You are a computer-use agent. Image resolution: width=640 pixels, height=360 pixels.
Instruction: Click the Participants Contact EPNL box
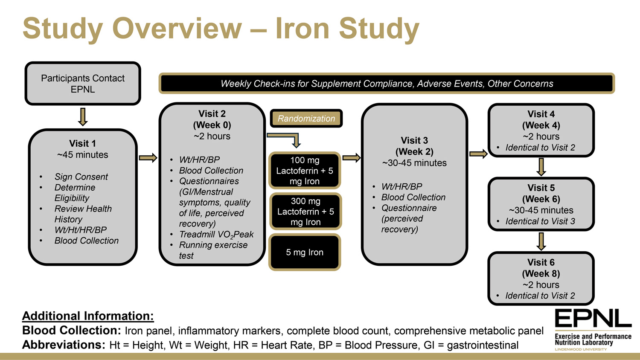pyautogui.click(x=83, y=84)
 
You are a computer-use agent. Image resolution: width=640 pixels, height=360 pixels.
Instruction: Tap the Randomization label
pyautogui.click(x=306, y=119)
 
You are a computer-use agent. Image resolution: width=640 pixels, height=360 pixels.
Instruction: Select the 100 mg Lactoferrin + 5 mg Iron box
pyautogui.click(x=305, y=171)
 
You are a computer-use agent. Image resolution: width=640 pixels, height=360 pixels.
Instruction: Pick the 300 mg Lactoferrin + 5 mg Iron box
pyautogui.click(x=305, y=212)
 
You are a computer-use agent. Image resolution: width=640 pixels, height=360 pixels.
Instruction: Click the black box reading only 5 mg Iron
pyautogui.click(x=305, y=252)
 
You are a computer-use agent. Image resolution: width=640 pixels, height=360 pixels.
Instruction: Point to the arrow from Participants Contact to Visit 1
pyautogui.click(x=83, y=116)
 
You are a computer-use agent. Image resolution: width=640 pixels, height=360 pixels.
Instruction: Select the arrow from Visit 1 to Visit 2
pyautogui.click(x=148, y=158)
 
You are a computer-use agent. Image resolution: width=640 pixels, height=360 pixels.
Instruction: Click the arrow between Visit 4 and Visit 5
pyautogui.click(x=541, y=167)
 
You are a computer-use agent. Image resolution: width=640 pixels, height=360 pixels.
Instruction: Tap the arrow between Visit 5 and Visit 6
pyautogui.click(x=541, y=241)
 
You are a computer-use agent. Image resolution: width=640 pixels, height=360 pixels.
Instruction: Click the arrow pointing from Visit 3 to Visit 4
pyautogui.click(x=478, y=154)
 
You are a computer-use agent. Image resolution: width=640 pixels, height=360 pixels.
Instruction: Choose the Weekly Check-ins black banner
pyautogui.click(x=387, y=84)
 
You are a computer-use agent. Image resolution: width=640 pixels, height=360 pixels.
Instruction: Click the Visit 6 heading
pyautogui.click(x=541, y=262)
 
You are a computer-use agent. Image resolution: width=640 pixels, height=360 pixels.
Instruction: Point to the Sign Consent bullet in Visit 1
pyautogui.click(x=81, y=177)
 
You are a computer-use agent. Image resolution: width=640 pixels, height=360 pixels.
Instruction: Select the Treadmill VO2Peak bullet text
pyautogui.click(x=216, y=235)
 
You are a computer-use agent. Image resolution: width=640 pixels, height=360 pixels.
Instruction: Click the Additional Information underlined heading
pyautogui.click(x=88, y=316)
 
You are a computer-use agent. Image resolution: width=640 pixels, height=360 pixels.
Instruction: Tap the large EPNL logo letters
pyautogui.click(x=593, y=319)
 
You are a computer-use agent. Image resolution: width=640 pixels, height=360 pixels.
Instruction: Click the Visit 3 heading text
pyautogui.click(x=414, y=141)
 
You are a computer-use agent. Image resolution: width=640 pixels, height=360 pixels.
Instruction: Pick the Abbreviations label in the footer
pyautogui.click(x=64, y=345)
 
